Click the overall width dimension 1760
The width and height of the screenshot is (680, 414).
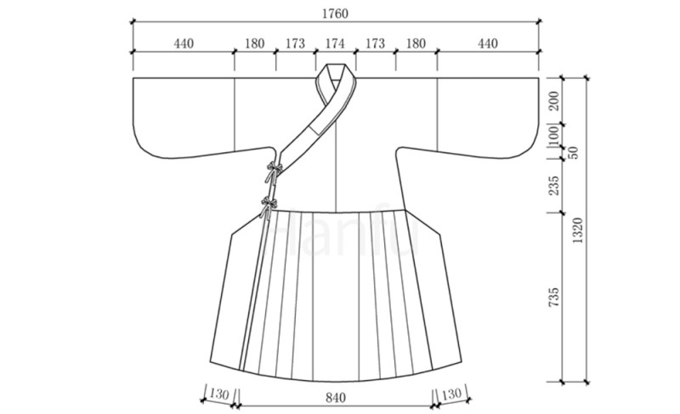335,14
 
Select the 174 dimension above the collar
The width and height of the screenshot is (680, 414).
335,43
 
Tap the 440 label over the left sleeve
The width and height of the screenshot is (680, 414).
184,43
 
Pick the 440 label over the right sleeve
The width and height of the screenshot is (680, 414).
488,43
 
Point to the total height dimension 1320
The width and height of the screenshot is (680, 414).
578,230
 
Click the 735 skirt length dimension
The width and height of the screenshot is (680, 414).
554,298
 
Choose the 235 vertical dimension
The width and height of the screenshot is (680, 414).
554,185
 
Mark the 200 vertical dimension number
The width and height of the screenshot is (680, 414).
554,101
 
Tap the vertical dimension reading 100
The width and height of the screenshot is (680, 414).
554,136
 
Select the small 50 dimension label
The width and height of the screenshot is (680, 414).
573,152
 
